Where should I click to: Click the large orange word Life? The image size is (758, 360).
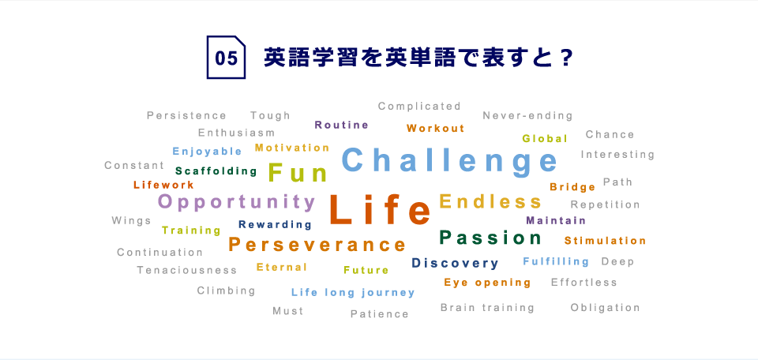tap(380, 210)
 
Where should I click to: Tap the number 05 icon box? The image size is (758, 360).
tap(227, 57)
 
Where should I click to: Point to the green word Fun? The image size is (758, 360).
tap(298, 173)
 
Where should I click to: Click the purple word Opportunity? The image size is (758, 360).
tap(237, 202)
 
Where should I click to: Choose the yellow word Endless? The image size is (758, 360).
tap(490, 201)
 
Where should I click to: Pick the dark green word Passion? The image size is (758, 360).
tap(490, 238)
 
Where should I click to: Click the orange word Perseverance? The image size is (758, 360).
tap(317, 245)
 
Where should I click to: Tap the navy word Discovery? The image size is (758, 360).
tap(455, 264)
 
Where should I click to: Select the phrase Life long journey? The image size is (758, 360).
tap(353, 292)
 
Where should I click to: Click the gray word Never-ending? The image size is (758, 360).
tap(527, 115)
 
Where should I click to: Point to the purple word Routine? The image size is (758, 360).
tap(341, 126)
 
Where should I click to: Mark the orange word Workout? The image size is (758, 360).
tap(435, 128)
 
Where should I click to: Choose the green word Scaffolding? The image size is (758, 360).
tap(216, 171)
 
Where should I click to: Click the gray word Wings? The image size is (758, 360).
tap(131, 221)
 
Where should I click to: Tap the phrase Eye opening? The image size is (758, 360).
tap(487, 283)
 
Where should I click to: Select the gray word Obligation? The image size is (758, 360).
tap(606, 308)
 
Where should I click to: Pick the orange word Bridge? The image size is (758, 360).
tap(572, 187)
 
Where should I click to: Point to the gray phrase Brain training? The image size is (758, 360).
tap(487, 308)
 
